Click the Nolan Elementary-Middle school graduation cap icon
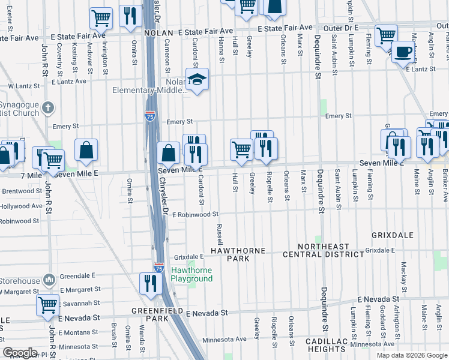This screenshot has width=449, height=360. point(196,80)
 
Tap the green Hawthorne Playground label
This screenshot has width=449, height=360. point(191,275)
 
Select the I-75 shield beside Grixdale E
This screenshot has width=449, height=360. point(158,267)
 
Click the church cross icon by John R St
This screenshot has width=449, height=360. point(49,108)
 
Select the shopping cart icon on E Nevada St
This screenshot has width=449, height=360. point(47,304)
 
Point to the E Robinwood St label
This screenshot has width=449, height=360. point(194,214)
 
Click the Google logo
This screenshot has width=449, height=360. point(20,353)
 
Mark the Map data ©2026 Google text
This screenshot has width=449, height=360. point(411,355)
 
